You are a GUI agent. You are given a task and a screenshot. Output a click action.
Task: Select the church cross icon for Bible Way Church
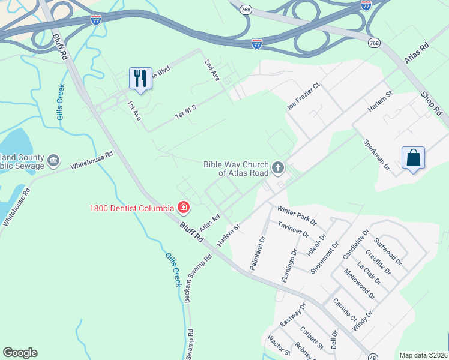tap(278, 168)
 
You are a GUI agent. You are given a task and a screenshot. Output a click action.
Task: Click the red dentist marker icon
tap(184, 208)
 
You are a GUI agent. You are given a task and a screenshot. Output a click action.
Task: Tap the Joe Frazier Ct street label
tap(304, 96)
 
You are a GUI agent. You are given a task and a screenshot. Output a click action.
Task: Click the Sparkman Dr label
tap(377, 154)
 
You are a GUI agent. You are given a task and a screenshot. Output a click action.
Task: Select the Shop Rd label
tap(431, 104)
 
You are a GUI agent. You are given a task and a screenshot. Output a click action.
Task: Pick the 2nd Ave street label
tap(212, 71)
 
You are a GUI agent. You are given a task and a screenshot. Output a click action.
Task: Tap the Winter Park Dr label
tap(297, 215)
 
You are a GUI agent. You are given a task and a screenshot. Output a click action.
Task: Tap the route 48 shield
tap(373, 355)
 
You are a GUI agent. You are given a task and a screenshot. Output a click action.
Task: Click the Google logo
tap(20, 353)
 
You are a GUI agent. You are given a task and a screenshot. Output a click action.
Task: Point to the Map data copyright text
tap(423, 355)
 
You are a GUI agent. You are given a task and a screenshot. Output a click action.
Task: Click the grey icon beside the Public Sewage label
tap(54, 160)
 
